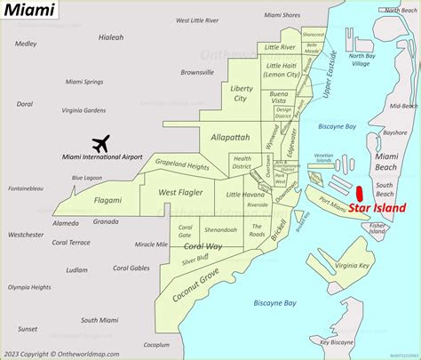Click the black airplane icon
100,142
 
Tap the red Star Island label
377,210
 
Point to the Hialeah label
85,37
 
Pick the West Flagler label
180,192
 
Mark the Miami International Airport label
102,157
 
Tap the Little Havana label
245,194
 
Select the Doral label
24,104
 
